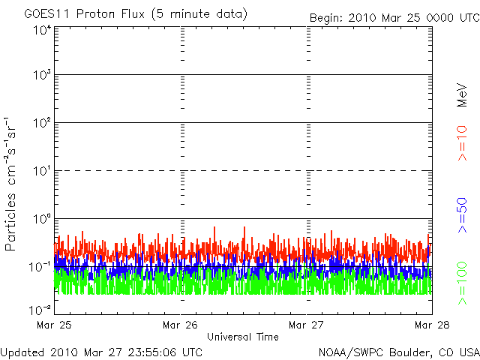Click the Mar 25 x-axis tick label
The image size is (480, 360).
(x=54, y=325)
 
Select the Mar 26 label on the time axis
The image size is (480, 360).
(x=180, y=325)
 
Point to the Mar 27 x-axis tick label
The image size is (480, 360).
(x=306, y=325)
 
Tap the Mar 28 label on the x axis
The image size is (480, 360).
(x=432, y=325)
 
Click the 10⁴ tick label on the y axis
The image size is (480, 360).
(x=42, y=30)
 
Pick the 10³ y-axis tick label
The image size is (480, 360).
(x=42, y=74)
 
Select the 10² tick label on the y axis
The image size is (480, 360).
(x=42, y=122)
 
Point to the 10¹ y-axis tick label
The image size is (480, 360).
(x=42, y=170)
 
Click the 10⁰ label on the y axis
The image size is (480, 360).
(x=42, y=218)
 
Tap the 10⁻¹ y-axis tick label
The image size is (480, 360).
(x=40, y=267)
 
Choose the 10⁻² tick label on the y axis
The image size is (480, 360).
(x=40, y=310)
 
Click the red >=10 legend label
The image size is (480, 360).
(x=462, y=143)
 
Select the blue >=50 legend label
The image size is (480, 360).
(x=462, y=215)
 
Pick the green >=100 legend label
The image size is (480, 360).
(x=462, y=283)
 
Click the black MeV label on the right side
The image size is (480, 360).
(x=462, y=95)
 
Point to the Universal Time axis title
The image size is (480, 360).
(x=243, y=337)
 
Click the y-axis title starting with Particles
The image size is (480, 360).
(x=10, y=184)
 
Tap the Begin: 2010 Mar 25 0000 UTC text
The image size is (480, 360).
(x=394, y=18)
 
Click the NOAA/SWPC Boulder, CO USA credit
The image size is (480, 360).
(x=399, y=352)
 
